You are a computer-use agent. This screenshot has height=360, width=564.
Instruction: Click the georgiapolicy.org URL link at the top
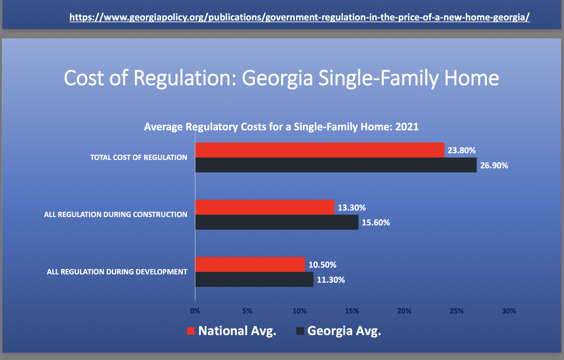299,18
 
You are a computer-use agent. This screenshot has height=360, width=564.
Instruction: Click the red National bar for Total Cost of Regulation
320,150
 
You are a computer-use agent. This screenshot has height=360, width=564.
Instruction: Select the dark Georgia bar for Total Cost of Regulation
336,165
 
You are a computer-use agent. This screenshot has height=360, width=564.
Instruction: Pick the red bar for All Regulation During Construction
265,207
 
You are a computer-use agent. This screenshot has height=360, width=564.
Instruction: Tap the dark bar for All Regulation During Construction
277,222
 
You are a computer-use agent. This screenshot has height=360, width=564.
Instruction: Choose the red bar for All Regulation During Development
250,264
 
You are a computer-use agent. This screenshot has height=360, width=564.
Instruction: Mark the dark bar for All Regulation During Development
254,279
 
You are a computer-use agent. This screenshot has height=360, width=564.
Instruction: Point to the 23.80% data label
461,150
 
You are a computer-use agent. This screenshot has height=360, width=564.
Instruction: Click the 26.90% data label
494,166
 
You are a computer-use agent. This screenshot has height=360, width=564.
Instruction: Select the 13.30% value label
352,207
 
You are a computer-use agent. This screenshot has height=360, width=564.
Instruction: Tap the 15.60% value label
376,223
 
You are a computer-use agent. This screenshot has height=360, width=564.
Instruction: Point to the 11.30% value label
330,280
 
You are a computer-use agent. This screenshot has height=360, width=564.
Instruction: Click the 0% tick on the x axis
195,311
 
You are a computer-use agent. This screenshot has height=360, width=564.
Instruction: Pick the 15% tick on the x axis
352,311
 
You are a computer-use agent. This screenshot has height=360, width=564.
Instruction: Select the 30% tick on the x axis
509,311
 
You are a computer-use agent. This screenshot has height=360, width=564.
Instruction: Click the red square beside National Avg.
191,331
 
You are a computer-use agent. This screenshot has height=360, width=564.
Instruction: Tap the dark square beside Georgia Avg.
300,331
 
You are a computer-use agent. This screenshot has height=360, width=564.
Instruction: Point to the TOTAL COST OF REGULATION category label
139,157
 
